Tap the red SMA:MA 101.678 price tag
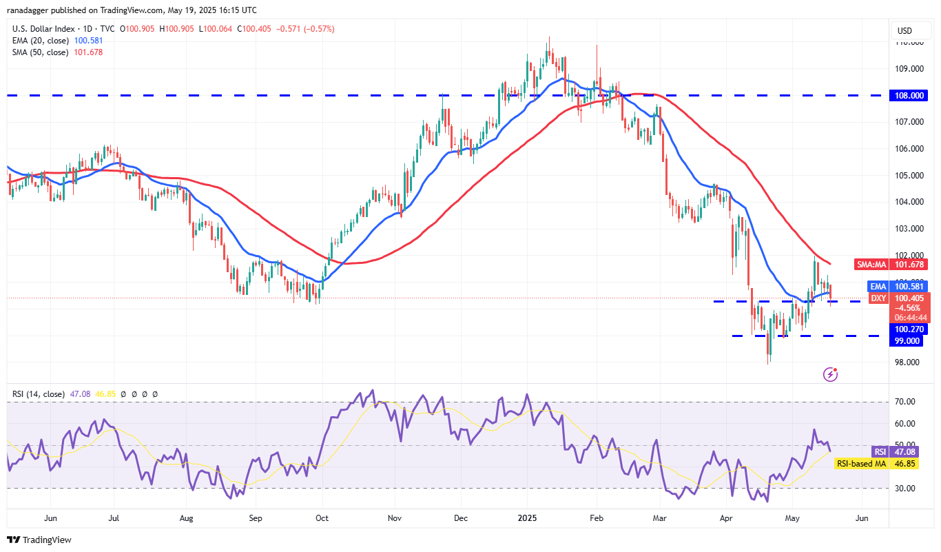pos(909,264)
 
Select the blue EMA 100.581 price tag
pos(909,286)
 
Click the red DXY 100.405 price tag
pos(909,298)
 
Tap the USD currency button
pos(903,30)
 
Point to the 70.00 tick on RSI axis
pos(905,402)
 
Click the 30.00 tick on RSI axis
pos(905,488)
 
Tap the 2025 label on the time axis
pos(527,517)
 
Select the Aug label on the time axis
pos(185,517)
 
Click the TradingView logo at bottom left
pos(39,540)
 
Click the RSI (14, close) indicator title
pos(39,394)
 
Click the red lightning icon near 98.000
pos(830,375)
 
